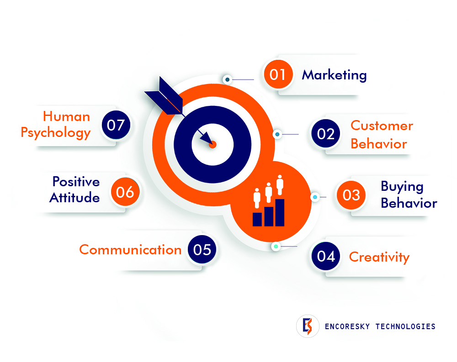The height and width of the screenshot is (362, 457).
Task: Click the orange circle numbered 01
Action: [278, 74]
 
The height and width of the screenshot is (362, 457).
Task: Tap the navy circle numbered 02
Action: [325, 133]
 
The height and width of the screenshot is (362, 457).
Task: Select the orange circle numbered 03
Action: [351, 195]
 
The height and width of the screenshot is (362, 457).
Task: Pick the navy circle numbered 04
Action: [325, 256]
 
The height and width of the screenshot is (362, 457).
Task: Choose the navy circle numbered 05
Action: [202, 249]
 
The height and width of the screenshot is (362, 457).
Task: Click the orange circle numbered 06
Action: [125, 192]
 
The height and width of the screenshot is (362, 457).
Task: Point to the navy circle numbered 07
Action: [116, 125]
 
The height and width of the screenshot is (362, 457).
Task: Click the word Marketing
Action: [334, 75]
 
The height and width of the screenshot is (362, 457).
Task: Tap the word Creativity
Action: [379, 257]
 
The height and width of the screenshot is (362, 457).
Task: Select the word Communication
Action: [130, 250]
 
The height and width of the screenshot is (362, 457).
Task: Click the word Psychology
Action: [55, 133]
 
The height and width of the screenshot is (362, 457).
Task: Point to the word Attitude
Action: [74, 198]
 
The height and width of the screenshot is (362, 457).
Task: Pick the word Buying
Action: [402, 187]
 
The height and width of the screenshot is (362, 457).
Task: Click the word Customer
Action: [382, 126]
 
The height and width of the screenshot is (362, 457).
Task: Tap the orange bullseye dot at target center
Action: [213, 144]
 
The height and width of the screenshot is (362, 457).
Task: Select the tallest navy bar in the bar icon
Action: [280, 213]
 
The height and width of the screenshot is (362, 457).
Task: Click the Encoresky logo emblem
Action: [308, 326]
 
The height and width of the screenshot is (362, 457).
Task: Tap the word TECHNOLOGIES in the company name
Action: [405, 326]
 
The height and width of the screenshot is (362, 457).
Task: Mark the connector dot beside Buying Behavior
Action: [315, 197]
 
